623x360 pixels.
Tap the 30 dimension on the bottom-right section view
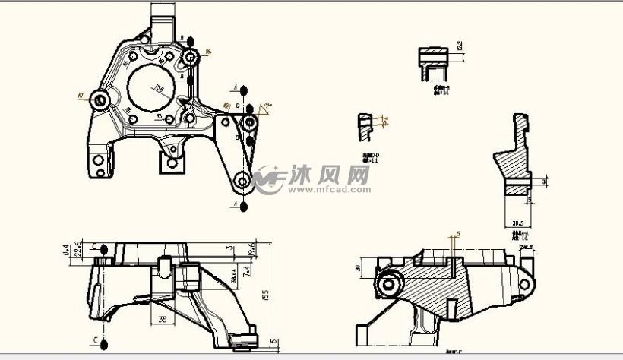(358, 268)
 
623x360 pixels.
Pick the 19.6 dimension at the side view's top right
(251, 248)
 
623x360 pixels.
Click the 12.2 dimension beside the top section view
(460, 46)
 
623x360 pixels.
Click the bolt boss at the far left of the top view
(100, 99)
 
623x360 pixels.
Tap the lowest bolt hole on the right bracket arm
(242, 181)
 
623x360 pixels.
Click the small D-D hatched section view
(367, 126)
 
